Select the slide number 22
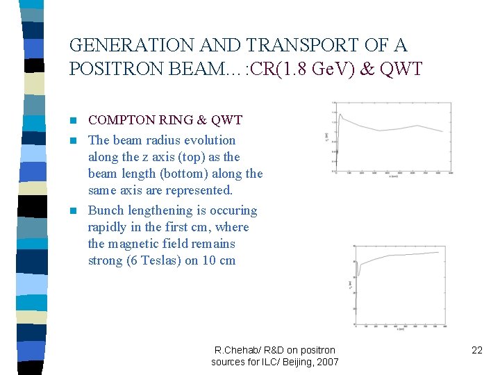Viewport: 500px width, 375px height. coord(476,350)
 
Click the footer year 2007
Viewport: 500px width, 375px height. coord(326,362)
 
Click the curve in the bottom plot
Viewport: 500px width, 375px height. coord(403,256)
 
